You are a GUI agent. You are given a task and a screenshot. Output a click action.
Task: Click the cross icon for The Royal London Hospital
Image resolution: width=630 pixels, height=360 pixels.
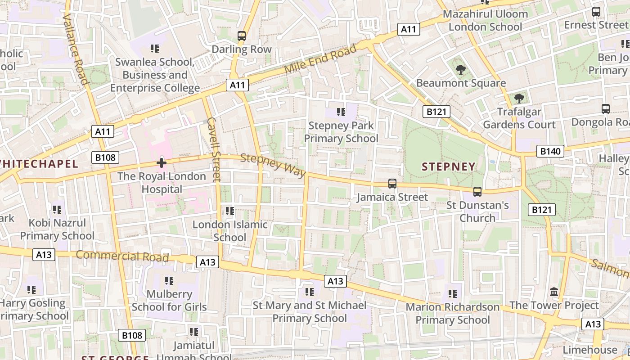pyautogui.click(x=162, y=163)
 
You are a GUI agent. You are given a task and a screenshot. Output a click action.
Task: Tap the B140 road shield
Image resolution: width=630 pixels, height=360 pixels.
pyautogui.click(x=550, y=151)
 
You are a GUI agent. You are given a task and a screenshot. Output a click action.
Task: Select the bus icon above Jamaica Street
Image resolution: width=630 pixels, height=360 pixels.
pyautogui.click(x=392, y=184)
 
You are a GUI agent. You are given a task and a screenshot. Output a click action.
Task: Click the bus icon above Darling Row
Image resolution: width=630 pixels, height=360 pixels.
pyautogui.click(x=242, y=36)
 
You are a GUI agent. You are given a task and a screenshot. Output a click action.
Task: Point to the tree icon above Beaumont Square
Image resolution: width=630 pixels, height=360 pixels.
pyautogui.click(x=460, y=69)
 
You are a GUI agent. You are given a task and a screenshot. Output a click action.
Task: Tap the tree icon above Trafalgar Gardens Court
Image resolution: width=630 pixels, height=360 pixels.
pyautogui.click(x=519, y=98)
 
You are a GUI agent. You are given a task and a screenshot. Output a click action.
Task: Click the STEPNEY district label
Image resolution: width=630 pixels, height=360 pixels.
pyautogui.click(x=448, y=166)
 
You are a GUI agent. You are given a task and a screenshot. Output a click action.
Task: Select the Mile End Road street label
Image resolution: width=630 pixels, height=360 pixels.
pyautogui.click(x=320, y=60)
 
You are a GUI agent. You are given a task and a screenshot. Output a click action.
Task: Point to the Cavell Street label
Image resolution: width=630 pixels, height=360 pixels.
pyautogui.click(x=213, y=149)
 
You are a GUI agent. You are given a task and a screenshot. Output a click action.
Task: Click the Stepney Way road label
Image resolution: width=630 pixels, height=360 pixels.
pyautogui.click(x=273, y=165)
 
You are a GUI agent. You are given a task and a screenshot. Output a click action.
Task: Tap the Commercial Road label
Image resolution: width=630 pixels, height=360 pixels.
pyautogui.click(x=122, y=256)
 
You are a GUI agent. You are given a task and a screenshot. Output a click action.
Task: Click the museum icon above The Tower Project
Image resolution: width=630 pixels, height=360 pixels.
pyautogui.click(x=554, y=292)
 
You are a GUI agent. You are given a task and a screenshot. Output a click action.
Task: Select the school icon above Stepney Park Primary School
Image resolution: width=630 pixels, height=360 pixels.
pyautogui.click(x=341, y=112)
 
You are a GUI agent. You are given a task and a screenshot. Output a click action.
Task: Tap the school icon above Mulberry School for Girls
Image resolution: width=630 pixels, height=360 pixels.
pyautogui.click(x=169, y=281)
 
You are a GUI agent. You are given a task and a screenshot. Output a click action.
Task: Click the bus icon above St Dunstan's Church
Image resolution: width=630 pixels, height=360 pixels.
pyautogui.click(x=477, y=192)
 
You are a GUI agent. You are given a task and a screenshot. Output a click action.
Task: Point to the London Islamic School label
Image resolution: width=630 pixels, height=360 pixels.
pyautogui.click(x=230, y=231)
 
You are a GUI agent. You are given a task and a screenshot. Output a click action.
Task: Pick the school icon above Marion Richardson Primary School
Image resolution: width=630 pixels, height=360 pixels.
pyautogui.click(x=452, y=294)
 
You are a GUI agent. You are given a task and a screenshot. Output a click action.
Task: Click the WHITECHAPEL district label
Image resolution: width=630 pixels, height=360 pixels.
pyautogui.click(x=39, y=163)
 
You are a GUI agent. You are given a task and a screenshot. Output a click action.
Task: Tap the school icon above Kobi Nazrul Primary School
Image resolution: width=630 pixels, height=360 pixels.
pyautogui.click(x=57, y=209)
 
